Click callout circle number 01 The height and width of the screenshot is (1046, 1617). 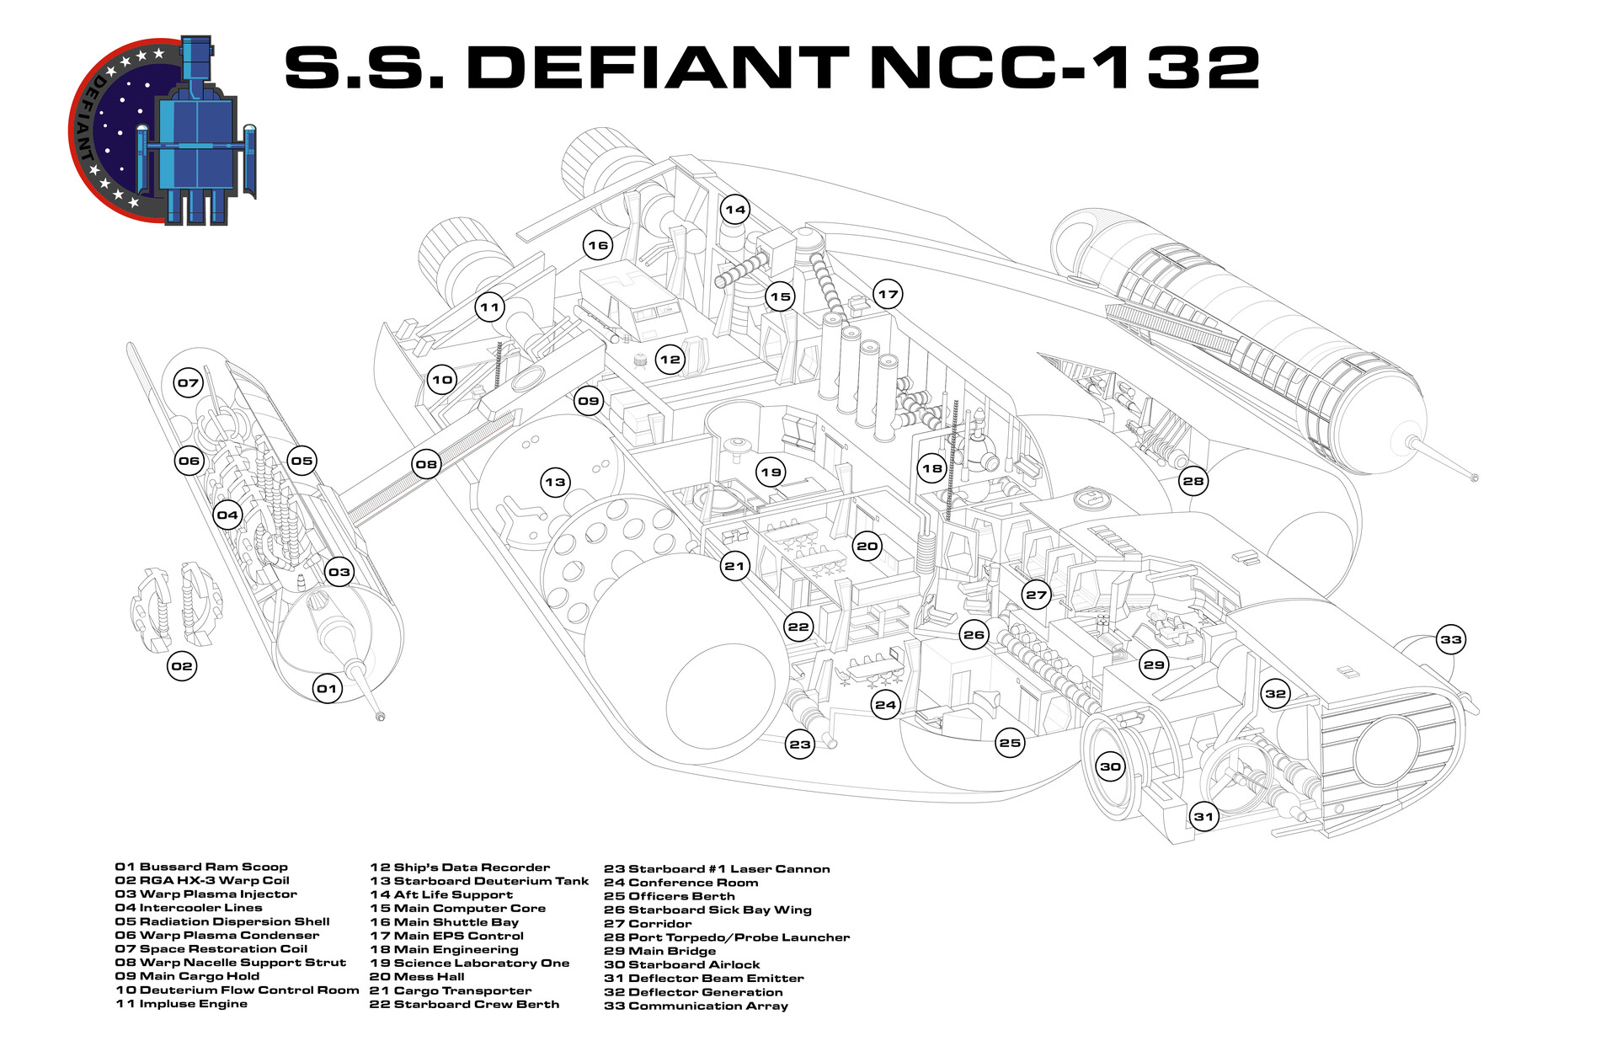[x=326, y=688]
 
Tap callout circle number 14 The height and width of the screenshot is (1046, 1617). [x=735, y=209]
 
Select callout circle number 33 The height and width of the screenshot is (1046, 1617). [x=1450, y=639]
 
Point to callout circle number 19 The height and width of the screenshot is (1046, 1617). [x=771, y=472]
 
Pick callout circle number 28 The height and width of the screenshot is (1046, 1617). [x=1193, y=481]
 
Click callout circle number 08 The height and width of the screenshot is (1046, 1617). [x=427, y=463]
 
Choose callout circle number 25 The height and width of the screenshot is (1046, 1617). [x=1010, y=742]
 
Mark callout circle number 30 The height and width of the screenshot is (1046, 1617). [x=1111, y=766]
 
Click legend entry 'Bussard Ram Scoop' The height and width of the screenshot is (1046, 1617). [x=201, y=867]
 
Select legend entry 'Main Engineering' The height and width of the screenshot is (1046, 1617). [x=444, y=949]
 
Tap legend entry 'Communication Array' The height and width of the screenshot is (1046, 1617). [x=696, y=1006]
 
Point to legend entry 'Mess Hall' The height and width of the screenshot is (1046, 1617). [x=417, y=977]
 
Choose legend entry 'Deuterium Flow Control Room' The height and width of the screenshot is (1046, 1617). [x=237, y=990]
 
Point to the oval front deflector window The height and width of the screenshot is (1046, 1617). [x=1385, y=752]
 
